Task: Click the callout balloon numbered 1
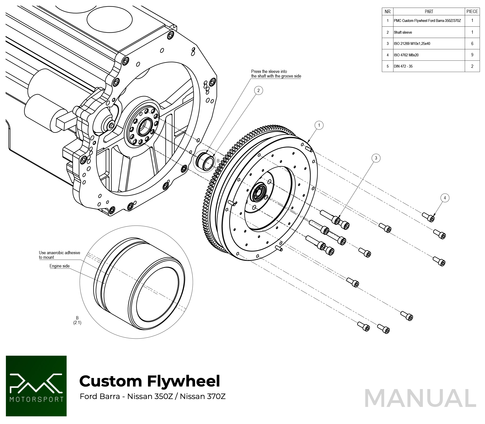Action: [319, 125]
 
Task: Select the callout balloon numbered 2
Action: [258, 91]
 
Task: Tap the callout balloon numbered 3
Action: [376, 158]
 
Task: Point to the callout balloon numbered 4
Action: [445, 198]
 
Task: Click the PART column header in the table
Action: [429, 12]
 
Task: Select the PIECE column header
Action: [472, 12]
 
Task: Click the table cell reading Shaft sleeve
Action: [403, 32]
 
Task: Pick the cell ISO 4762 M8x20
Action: [406, 55]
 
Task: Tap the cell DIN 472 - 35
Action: [403, 66]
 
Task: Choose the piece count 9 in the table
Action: [472, 55]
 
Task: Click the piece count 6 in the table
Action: [472, 44]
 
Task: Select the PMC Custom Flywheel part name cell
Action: [427, 21]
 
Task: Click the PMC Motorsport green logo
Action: [36, 386]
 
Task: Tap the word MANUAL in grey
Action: [420, 399]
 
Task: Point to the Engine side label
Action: [59, 266]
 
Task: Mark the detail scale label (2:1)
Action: [77, 323]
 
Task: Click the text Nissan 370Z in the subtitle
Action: [203, 396]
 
